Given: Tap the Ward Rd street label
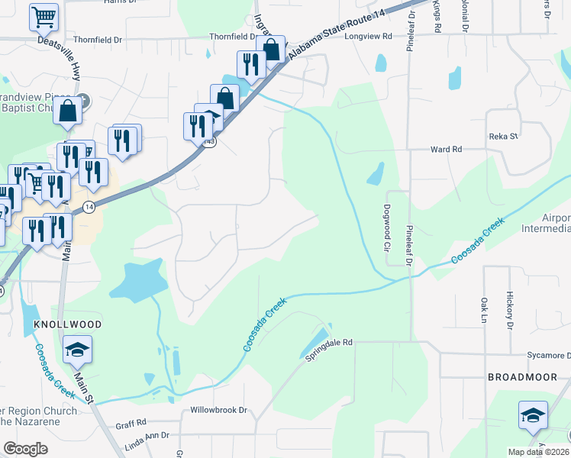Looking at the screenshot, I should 447,150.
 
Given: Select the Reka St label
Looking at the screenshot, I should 503,137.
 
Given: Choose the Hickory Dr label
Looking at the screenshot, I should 509,310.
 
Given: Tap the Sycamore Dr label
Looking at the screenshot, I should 549,356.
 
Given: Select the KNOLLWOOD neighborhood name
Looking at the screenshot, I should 68,324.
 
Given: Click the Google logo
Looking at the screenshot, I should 25,449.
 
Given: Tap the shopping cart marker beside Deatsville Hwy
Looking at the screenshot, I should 44,17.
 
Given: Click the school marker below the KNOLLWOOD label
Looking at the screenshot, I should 77,350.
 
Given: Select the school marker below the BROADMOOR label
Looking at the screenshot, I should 533,414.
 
